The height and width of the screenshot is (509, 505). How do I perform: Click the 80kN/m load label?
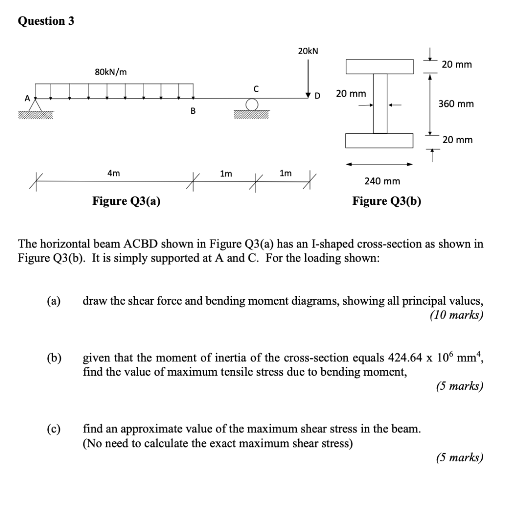pyautogui.click(x=110, y=72)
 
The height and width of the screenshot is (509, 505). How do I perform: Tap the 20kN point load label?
pyautogui.click(x=308, y=51)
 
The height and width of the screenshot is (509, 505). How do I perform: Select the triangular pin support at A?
pyautogui.click(x=35, y=105)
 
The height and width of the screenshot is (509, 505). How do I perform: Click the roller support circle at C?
pyautogui.click(x=252, y=104)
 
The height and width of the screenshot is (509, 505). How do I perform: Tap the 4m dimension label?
pyautogui.click(x=113, y=173)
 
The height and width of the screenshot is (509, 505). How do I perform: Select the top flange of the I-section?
pyautogui.click(x=380, y=66)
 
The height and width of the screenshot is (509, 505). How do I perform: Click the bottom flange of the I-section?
pyautogui.click(x=380, y=141)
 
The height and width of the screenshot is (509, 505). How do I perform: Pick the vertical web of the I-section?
pyautogui.click(x=380, y=103)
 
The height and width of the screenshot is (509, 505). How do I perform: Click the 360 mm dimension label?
pyautogui.click(x=455, y=104)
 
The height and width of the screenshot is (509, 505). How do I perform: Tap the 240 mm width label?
pyautogui.click(x=382, y=181)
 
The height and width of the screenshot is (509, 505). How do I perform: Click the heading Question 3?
pyautogui.click(x=45, y=21)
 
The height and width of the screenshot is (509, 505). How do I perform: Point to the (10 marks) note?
pyautogui.click(x=456, y=315)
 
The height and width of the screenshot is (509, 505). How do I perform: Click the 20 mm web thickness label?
pyautogui.click(x=351, y=93)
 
